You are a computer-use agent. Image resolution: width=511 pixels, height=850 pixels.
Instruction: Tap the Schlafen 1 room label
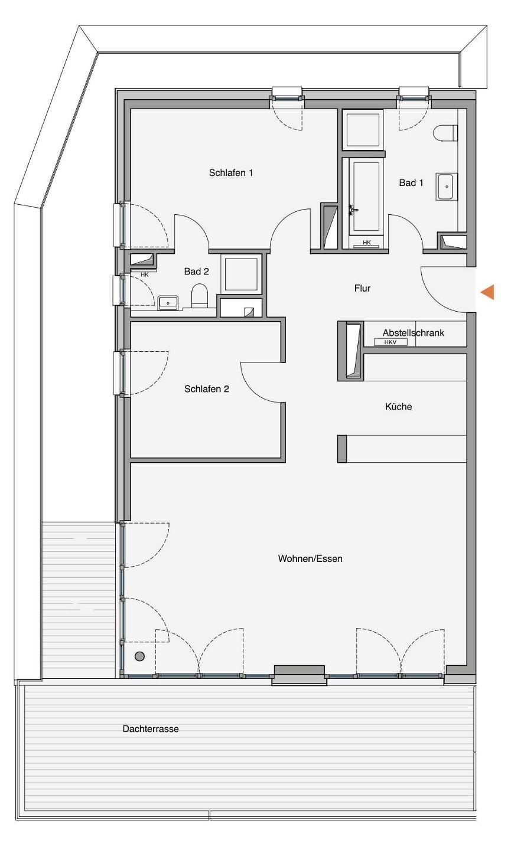pyautogui.click(x=231, y=172)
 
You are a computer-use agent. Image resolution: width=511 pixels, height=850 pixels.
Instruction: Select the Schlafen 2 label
pyautogui.click(x=207, y=389)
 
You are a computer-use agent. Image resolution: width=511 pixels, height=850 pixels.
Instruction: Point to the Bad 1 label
pyautogui.click(x=411, y=183)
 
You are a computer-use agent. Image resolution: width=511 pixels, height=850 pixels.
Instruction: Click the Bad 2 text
pyautogui.click(x=196, y=272)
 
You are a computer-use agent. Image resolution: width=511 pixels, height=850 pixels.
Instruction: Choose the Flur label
pyautogui.click(x=362, y=289)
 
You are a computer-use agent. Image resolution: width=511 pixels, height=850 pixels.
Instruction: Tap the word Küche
pyautogui.click(x=398, y=407)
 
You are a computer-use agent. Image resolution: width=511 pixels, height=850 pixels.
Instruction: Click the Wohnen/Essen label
pyautogui.click(x=310, y=558)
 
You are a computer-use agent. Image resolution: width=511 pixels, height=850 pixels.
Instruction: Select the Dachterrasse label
pyautogui.click(x=150, y=728)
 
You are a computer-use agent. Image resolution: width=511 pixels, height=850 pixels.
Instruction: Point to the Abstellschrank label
pyautogui.click(x=413, y=333)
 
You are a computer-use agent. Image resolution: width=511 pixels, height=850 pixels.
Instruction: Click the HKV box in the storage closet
pyautogui.click(x=390, y=342)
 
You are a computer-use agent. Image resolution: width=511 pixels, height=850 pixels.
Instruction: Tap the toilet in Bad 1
pyautogui.click(x=445, y=133)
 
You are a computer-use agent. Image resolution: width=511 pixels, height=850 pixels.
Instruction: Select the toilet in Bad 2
pyautogui.click(x=200, y=296)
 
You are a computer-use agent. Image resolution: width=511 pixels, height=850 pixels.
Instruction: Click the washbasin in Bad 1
pyautogui.click(x=447, y=187)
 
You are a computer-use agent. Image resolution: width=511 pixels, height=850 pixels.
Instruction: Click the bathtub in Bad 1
pyautogui.click(x=366, y=196)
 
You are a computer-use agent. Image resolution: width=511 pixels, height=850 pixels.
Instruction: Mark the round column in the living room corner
pyautogui.click(x=139, y=656)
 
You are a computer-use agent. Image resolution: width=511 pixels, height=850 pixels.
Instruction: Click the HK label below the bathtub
pyautogui.click(x=366, y=243)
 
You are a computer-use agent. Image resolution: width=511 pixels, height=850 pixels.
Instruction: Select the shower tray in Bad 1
pyautogui.click(x=363, y=129)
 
